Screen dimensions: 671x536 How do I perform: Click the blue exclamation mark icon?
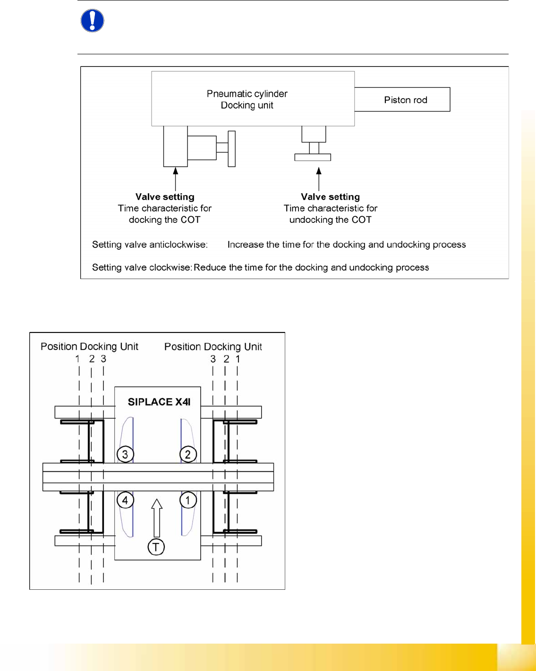click(x=93, y=21)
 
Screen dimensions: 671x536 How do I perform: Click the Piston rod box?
click(x=405, y=100)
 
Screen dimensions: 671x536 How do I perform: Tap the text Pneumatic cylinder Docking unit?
click(x=247, y=99)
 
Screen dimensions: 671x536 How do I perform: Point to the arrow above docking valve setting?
click(x=176, y=179)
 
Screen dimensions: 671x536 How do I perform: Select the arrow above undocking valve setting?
click(x=319, y=179)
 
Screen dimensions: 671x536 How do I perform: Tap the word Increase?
click(x=246, y=245)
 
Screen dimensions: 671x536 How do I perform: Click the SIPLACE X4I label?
click(x=159, y=402)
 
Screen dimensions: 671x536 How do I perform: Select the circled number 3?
click(x=125, y=454)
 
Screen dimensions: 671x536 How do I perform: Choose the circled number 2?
click(x=188, y=454)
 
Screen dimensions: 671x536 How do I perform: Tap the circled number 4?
click(x=125, y=500)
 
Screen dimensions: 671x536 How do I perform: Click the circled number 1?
click(x=188, y=500)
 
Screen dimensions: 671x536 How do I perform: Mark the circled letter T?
click(x=156, y=547)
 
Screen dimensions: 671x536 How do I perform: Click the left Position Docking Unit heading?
click(x=89, y=347)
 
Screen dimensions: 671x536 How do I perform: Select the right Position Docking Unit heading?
click(x=213, y=347)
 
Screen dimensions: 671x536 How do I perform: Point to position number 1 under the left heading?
click(x=78, y=359)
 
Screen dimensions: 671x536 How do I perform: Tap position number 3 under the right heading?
click(x=213, y=359)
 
